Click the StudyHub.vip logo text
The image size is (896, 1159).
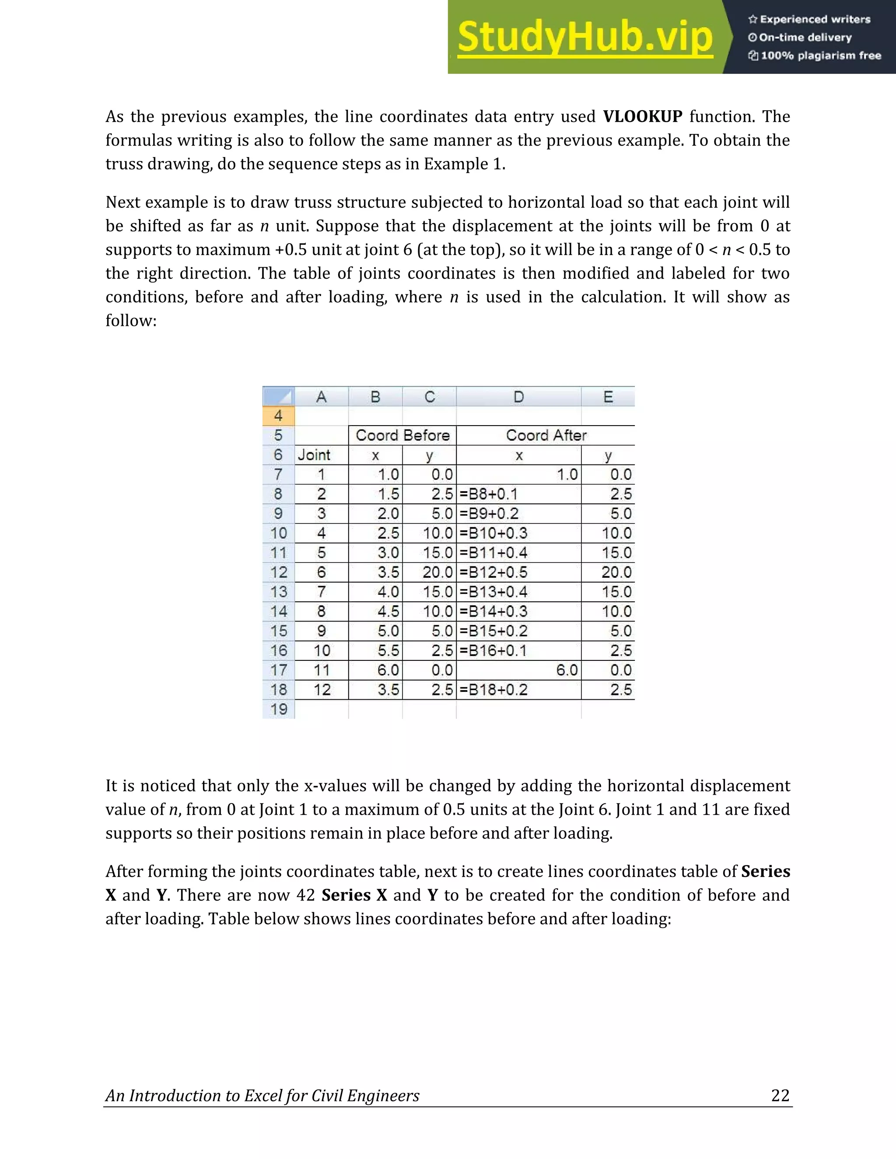[584, 37]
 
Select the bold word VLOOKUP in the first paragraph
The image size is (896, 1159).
[642, 116]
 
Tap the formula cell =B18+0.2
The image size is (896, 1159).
[493, 689]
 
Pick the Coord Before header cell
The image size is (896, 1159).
[402, 435]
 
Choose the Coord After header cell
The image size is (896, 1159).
[546, 435]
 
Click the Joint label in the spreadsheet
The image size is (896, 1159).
[314, 455]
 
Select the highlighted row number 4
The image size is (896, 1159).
[278, 415]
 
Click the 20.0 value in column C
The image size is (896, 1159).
[437, 572]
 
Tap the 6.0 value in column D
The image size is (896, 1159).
[567, 670]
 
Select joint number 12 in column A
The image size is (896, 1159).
[322, 689]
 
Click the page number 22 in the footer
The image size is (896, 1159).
[780, 1095]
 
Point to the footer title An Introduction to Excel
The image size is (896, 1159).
[262, 1095]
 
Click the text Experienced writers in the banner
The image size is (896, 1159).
[815, 20]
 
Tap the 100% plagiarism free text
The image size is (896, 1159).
[821, 56]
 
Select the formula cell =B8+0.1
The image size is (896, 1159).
[488, 494]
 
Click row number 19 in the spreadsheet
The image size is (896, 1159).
[278, 709]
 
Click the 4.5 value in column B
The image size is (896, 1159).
[388, 611]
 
